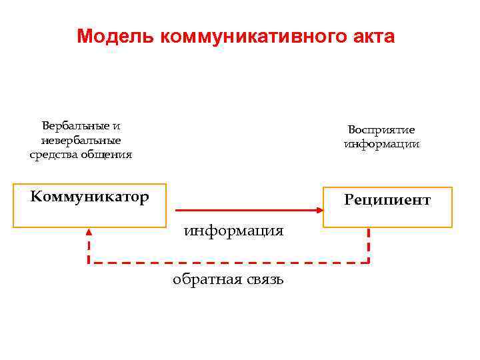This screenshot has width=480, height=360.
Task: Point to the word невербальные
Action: pyautogui.click(x=81, y=140)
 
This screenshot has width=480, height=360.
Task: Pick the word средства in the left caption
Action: pyautogui.click(x=55, y=155)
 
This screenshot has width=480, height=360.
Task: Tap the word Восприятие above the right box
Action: pyautogui.click(x=381, y=129)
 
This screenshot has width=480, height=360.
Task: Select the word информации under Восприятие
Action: pyautogui.click(x=381, y=144)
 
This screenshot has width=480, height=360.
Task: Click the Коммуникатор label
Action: pyautogui.click(x=89, y=197)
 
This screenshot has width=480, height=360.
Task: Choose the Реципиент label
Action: pyautogui.click(x=387, y=200)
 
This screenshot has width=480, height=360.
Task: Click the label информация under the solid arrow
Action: pyautogui.click(x=234, y=231)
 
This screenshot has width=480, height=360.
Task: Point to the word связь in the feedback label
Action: pyautogui.click(x=263, y=279)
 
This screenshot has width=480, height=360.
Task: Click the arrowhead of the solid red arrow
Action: pyautogui.click(x=319, y=210)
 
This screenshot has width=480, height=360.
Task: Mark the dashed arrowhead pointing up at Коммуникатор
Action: pyautogui.click(x=89, y=232)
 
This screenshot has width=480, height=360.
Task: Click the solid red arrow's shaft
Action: pyautogui.click(x=240, y=210)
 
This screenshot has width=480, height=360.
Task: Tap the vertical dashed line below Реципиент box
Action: pyautogui.click(x=369, y=245)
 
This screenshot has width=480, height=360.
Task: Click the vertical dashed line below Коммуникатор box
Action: pyautogui.click(x=89, y=249)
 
